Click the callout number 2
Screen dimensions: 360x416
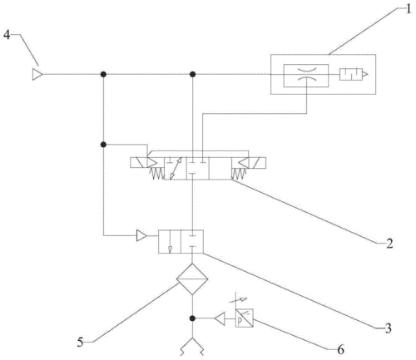tap(389, 244)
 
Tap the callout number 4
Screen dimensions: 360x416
tap(7, 35)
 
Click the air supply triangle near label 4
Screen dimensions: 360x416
tap(37, 75)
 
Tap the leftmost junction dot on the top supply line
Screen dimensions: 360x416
tap(103, 75)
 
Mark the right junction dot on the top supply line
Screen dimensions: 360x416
tap(193, 75)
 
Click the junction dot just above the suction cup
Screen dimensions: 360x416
tap(193, 318)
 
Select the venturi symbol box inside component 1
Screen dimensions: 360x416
tap(305, 75)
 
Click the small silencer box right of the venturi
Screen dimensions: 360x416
tap(351, 75)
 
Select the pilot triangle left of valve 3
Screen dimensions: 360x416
tap(142, 238)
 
